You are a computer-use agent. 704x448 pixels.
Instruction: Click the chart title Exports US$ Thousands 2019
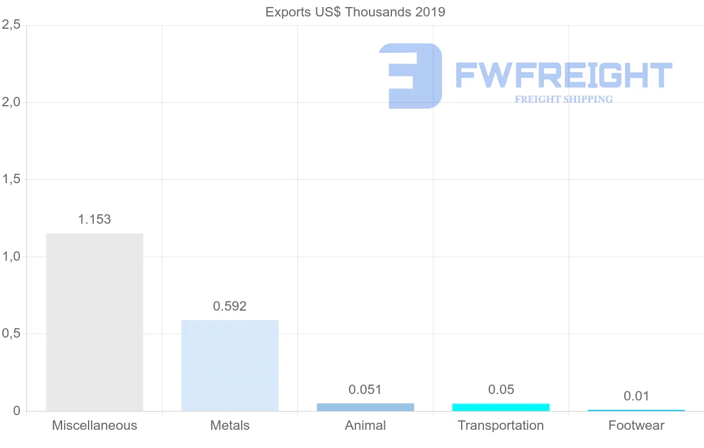[x=355, y=12]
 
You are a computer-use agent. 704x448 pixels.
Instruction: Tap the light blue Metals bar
[x=230, y=365]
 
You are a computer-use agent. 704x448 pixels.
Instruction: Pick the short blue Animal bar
[x=365, y=407]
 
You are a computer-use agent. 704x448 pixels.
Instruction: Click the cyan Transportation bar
[x=500, y=407]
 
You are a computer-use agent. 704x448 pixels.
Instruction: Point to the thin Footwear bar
[x=636, y=410]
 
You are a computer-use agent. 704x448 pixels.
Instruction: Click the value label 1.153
[x=94, y=220]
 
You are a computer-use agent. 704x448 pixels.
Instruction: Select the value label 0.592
[x=230, y=306]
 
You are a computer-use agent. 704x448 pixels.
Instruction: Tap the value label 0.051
[x=365, y=389]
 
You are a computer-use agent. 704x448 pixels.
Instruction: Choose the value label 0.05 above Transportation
[x=500, y=389]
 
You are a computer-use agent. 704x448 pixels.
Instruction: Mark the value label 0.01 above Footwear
[x=636, y=396]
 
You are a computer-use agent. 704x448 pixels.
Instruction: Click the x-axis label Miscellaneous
[x=94, y=426]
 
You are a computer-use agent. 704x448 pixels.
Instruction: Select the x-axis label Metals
[x=230, y=426]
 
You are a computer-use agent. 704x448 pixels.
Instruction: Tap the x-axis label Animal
[x=365, y=426]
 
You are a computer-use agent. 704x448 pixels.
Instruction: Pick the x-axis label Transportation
[x=500, y=426]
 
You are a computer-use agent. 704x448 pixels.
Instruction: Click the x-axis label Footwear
[x=636, y=426]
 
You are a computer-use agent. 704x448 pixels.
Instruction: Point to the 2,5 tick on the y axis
[x=11, y=25]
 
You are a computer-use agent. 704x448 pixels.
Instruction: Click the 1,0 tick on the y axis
[x=11, y=257]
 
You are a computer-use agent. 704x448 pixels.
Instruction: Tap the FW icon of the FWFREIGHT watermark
[x=411, y=76]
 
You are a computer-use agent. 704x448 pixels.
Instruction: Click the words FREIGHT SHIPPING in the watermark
[x=564, y=99]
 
